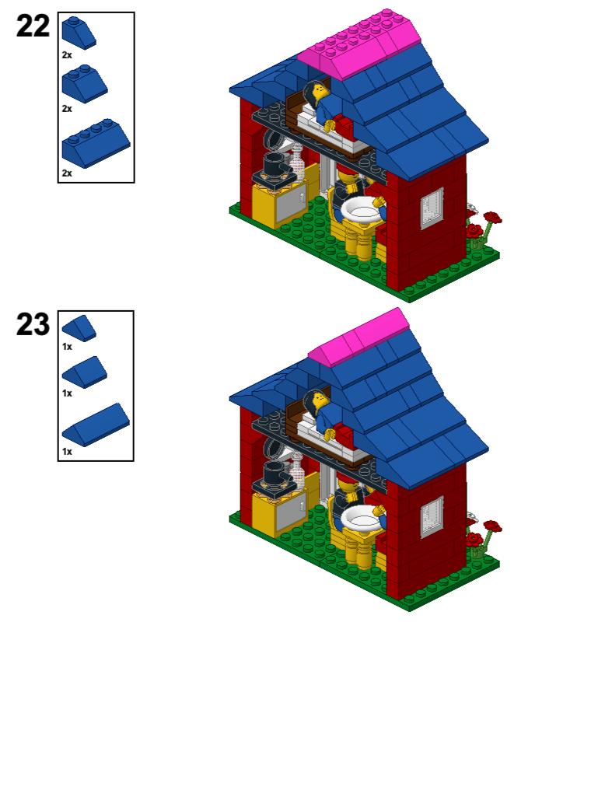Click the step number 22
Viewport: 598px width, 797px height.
[33, 26]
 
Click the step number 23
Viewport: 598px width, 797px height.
[33, 325]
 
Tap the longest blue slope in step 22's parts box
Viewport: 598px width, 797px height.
[95, 142]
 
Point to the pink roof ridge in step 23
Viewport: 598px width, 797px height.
[360, 338]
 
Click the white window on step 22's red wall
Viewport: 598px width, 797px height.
[432, 208]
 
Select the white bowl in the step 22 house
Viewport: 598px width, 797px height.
[362, 208]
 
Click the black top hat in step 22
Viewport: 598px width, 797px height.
[275, 165]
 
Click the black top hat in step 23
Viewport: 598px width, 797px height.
[275, 473]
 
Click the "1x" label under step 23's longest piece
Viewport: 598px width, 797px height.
[67, 451]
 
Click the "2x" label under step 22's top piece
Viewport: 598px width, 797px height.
[67, 55]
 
